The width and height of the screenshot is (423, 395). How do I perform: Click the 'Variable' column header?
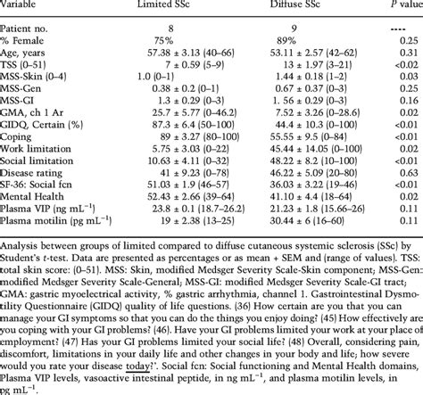25,6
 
